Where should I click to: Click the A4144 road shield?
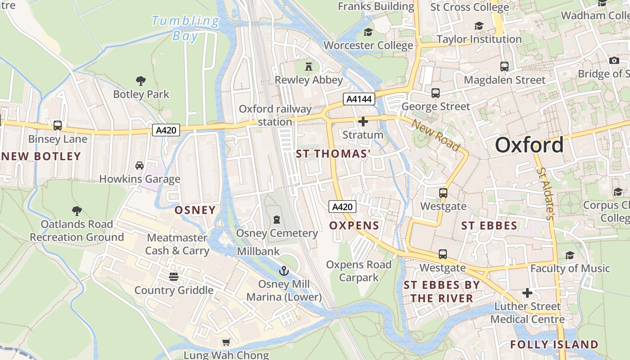359,99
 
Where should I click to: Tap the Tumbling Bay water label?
185,28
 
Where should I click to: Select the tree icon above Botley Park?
141,81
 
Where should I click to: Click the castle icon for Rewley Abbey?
309,67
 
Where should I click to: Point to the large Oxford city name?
529,145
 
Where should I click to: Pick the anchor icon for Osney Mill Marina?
283,270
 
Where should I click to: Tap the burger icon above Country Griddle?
174,276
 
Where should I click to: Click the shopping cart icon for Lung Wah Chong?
226,342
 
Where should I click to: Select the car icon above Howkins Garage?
139,166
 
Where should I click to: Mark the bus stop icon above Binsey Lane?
58,126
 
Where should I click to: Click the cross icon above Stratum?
363,121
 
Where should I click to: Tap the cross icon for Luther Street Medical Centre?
527,293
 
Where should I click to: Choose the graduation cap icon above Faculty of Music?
570,255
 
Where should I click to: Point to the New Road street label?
436,135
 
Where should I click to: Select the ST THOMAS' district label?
333,154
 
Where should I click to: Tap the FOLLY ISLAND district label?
554,345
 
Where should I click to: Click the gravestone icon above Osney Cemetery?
277,220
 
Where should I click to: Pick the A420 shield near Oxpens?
342,207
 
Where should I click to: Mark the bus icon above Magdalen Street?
504,67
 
